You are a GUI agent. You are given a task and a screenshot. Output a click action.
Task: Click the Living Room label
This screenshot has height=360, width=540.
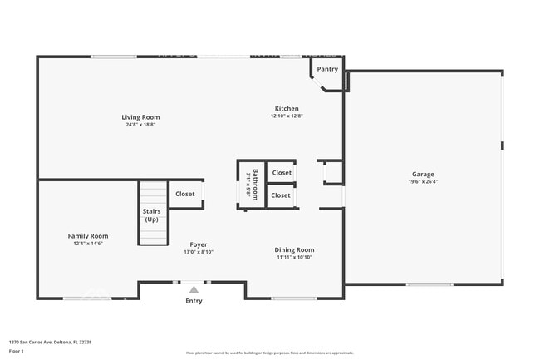pos(140,117)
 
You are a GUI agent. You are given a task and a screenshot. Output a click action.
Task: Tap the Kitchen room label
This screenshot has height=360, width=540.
pos(287,109)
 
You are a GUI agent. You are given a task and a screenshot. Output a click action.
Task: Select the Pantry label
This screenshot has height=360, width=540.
pos(327,69)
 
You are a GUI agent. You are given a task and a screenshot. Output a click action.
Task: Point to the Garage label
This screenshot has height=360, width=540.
pos(423,175)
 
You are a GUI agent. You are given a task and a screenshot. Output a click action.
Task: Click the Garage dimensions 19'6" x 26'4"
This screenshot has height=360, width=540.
pos(423,181)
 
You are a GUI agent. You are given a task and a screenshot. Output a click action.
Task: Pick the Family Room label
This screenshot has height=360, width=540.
pos(88,236)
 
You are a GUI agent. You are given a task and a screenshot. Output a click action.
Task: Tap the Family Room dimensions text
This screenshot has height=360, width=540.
pos(88,243)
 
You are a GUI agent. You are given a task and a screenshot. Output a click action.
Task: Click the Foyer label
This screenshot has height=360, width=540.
pos(199,244)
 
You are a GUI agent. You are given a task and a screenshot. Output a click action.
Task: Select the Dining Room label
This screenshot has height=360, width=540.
pos(295,249)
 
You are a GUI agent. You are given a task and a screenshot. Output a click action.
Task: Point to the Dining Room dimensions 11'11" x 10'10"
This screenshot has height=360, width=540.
pos(295,257)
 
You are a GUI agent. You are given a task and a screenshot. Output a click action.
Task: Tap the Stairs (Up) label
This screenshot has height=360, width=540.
pos(151,215)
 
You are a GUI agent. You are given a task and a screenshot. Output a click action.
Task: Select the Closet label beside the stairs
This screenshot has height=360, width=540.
pos(184,194)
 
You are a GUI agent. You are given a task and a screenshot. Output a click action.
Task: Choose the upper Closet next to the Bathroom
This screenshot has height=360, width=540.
pos(282,173)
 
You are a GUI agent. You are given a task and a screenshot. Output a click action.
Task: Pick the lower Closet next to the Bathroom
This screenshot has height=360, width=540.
pos(281,195)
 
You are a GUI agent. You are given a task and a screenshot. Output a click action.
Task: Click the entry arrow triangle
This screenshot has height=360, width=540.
pos(194,289)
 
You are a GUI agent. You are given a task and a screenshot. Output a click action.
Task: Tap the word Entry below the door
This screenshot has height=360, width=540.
pos(194,301)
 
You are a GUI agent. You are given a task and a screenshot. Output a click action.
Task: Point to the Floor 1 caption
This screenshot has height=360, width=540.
pos(17,351)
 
